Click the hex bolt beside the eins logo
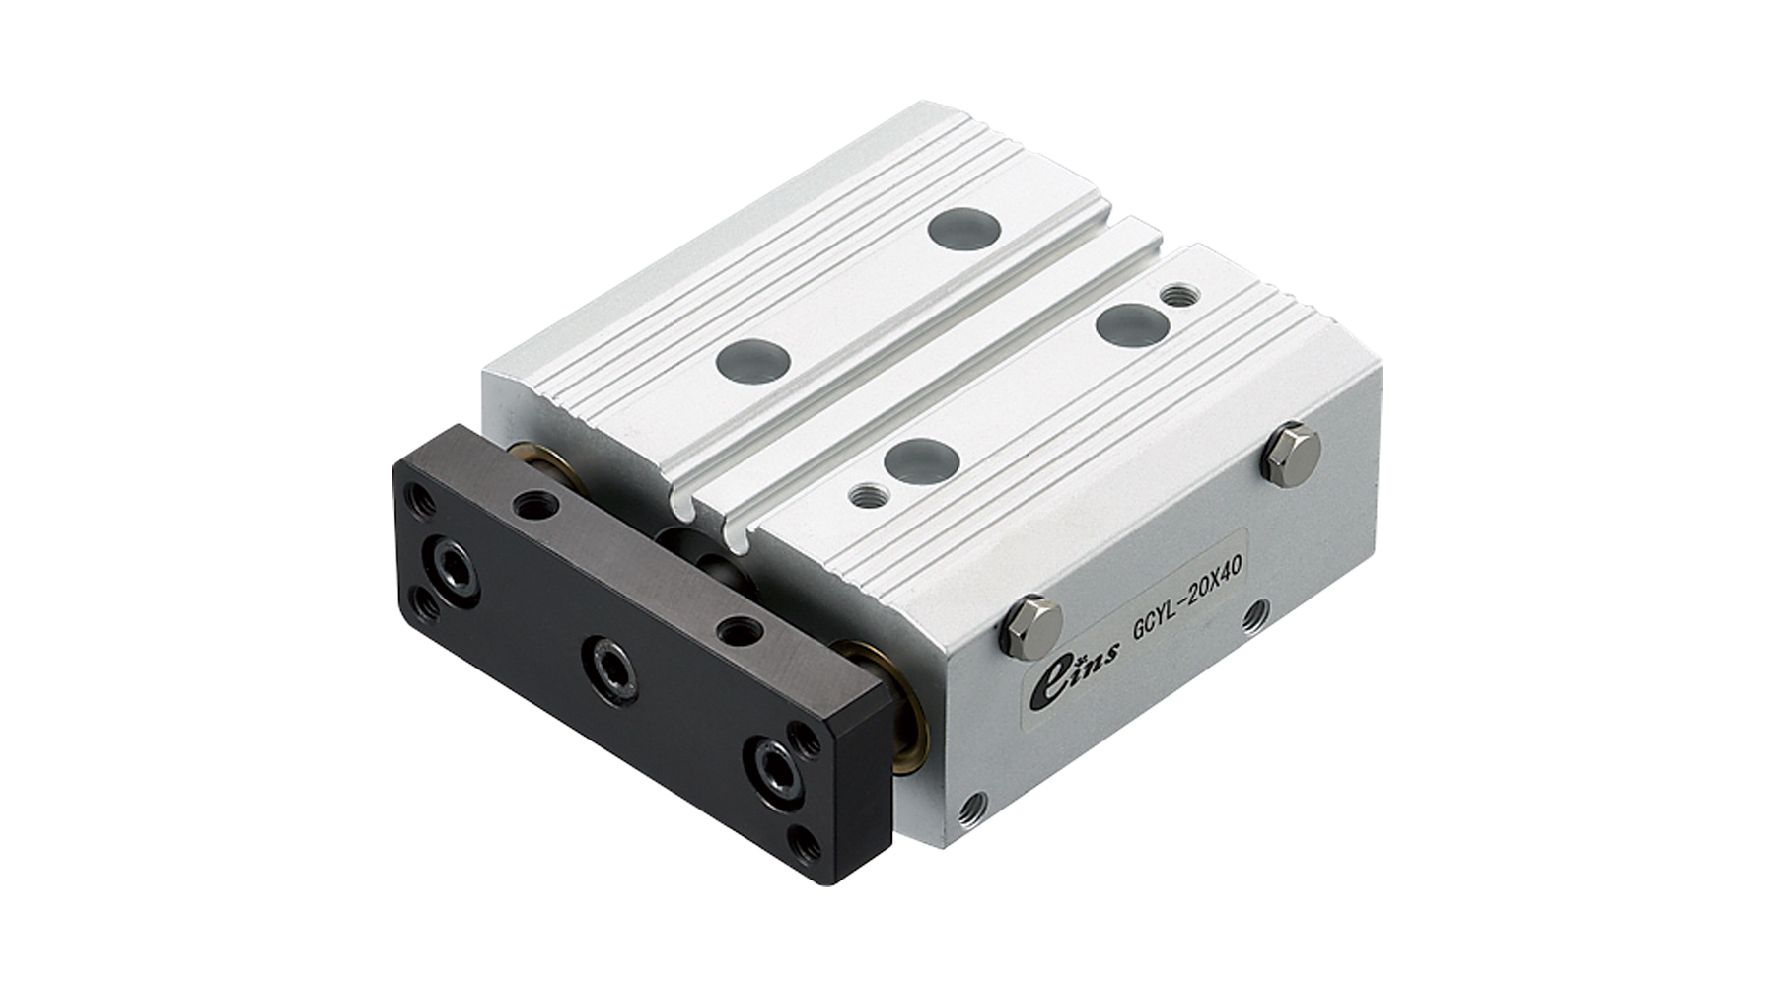pos(1031,627)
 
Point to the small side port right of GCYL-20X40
pos(1255,616)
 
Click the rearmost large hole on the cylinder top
pos(964,229)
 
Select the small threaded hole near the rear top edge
pos(1174,294)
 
